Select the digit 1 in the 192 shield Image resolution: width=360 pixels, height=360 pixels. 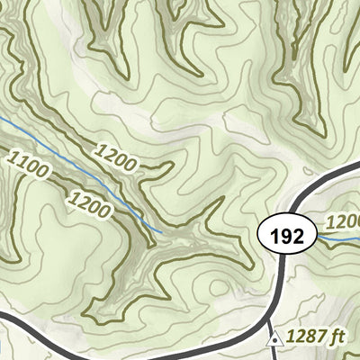(x=274, y=237)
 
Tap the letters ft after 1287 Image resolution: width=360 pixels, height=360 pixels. (x=337, y=338)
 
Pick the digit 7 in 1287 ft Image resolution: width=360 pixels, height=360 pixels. (x=322, y=338)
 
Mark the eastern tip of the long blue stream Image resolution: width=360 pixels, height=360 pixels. (x=161, y=231)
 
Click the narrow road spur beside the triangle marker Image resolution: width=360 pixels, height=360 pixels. (x=273, y=351)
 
